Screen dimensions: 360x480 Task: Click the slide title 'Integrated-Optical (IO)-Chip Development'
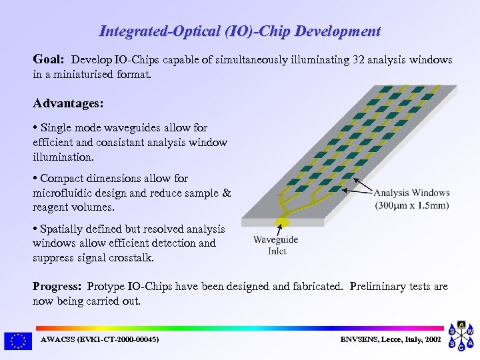tap(239, 31)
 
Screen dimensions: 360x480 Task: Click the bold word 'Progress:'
tap(57, 286)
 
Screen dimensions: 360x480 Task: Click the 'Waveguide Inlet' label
tap(275, 245)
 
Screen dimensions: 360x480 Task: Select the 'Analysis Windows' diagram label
tap(411, 193)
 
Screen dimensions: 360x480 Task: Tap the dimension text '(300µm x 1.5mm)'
tap(411, 205)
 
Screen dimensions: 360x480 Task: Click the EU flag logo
tap(17, 341)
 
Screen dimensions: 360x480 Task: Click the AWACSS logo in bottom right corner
tap(461, 338)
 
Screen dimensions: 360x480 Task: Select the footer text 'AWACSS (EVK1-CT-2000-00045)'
tap(99, 340)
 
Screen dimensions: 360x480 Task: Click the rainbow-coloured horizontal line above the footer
tap(239, 328)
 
